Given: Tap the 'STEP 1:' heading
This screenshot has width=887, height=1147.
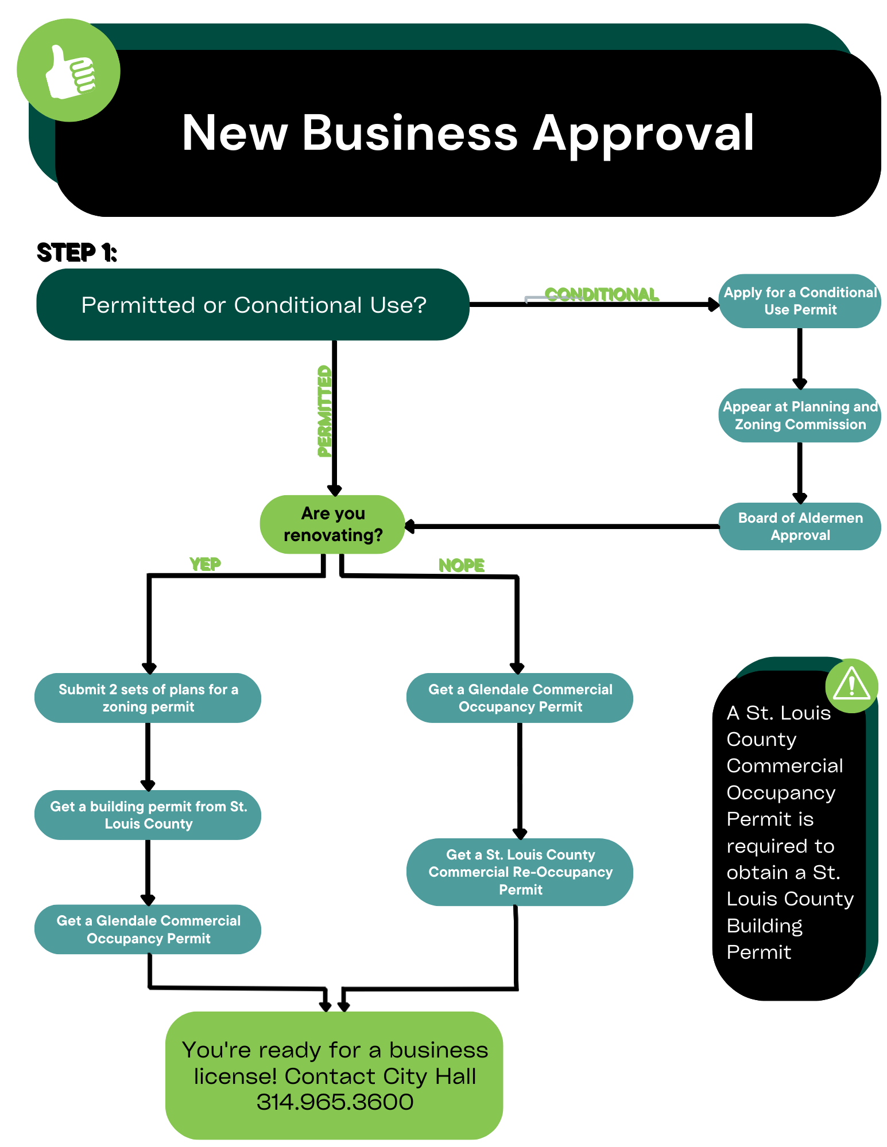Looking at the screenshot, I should coord(77,252).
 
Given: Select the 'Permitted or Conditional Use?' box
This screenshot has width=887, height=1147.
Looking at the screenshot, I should coord(253,305).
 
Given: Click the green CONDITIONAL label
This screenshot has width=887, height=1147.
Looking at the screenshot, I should coord(601,294).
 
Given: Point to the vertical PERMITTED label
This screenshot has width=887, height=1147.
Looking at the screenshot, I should coord(324,411).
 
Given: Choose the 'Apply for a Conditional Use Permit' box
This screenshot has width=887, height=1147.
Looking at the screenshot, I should coord(800,301).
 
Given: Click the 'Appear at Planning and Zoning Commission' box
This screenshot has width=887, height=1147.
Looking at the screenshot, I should coord(800,415).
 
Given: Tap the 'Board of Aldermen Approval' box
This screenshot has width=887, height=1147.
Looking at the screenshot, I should coord(800,526).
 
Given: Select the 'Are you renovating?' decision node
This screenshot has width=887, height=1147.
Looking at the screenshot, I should coord(333,524).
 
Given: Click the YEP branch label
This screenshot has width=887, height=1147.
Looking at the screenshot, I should coord(205,564).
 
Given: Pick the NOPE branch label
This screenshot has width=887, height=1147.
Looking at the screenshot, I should coord(461,565).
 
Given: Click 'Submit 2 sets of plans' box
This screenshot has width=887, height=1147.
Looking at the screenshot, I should coord(148,698).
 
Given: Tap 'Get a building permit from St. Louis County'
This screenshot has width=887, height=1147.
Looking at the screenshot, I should coord(148,815).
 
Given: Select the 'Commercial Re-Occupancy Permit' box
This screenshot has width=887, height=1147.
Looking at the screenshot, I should coord(520,872).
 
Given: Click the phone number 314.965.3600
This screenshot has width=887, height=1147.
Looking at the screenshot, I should coord(335,1102).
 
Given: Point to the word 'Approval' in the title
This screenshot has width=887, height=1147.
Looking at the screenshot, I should coord(643,133).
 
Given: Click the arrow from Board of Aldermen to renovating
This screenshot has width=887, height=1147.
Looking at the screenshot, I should coord(563,526).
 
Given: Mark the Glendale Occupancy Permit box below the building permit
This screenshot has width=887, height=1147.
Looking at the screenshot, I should coord(148,929).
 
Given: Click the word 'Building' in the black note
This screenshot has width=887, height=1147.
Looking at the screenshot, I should coord(764,926).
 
